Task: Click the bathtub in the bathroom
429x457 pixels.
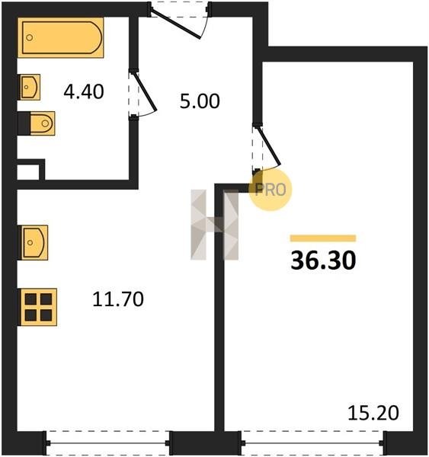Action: tap(61, 37)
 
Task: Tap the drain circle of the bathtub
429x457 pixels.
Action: tap(30, 37)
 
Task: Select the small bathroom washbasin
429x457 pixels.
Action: tap(30, 87)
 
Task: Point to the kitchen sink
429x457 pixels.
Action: tap(34, 242)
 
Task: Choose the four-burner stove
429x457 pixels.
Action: tap(38, 307)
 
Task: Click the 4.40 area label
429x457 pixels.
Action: tap(84, 91)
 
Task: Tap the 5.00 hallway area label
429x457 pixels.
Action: tap(200, 101)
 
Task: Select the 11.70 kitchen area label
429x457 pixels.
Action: tap(118, 299)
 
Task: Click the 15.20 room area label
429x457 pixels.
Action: tap(373, 413)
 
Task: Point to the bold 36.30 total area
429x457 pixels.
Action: tap(323, 260)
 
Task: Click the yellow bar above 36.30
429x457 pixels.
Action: tap(323, 238)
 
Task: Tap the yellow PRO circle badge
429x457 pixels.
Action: tap(271, 190)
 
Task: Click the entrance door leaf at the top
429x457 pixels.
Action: tap(176, 24)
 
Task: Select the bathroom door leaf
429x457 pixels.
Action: tap(145, 92)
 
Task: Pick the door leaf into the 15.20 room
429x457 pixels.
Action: tap(269, 146)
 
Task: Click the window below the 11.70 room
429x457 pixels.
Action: tap(108, 443)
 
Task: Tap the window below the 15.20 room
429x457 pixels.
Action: tap(312, 443)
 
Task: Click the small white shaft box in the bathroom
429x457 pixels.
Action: tap(28, 172)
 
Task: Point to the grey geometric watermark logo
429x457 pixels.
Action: tap(215, 225)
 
